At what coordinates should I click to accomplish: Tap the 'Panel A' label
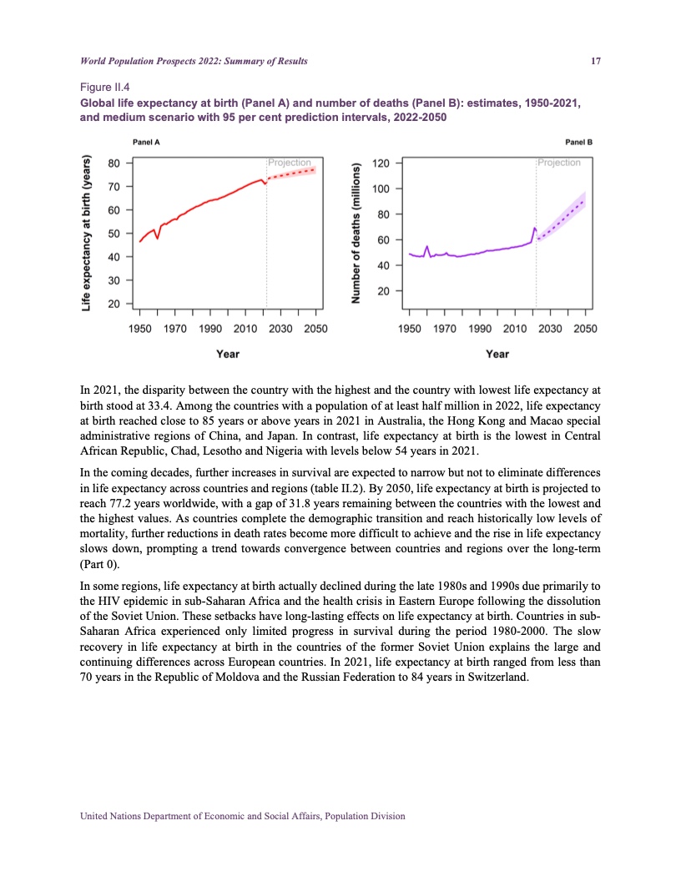tap(147, 142)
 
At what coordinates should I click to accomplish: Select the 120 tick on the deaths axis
tap(381, 164)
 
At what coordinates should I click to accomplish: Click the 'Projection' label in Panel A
tap(289, 163)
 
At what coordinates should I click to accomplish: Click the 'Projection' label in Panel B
tap(559, 163)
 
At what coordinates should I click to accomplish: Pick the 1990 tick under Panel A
tap(210, 330)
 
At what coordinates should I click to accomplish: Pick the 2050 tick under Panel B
tap(586, 330)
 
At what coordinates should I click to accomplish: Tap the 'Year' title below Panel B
tap(497, 355)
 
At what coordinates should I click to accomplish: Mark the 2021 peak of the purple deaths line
tap(534, 228)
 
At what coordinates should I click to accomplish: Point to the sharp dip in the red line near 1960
tap(158, 238)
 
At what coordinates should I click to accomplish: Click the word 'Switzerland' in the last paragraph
tap(497, 677)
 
